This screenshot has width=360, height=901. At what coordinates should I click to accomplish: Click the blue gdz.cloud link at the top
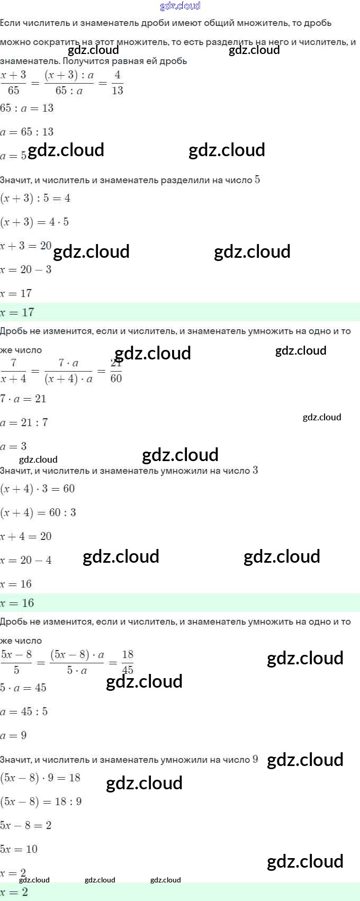coord(180,6)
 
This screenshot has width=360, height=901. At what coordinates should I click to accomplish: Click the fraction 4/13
coord(118,83)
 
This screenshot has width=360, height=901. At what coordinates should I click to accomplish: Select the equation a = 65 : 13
coord(27,132)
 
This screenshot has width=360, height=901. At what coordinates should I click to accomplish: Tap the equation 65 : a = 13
coord(27,108)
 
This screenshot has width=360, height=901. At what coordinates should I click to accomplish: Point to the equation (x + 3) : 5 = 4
coord(35,198)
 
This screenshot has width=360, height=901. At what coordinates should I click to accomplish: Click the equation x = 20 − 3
coord(26,269)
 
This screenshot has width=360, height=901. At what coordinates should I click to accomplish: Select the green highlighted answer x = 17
coord(17,312)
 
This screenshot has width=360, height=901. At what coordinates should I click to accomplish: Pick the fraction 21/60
coord(116,371)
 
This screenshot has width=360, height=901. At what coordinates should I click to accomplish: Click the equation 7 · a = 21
coord(23,399)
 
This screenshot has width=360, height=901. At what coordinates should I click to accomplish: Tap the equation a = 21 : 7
coord(24,422)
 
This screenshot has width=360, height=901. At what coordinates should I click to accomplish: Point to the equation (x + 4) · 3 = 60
coord(38,489)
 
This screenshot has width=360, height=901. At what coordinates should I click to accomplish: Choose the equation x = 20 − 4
coord(26,560)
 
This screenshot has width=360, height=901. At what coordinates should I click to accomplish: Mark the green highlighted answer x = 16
coord(17,603)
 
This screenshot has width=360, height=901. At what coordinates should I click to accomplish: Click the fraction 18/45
coord(128,662)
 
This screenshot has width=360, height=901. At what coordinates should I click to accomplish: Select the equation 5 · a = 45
coord(23,688)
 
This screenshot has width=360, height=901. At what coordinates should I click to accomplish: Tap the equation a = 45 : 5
coord(24,711)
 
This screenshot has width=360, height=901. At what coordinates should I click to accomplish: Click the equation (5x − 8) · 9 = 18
coord(40,778)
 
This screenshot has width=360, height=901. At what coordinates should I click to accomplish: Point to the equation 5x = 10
coord(19,849)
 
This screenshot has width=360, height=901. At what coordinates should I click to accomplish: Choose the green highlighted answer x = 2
coord(14,892)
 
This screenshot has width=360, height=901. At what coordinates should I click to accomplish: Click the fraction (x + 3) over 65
coord(14,83)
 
